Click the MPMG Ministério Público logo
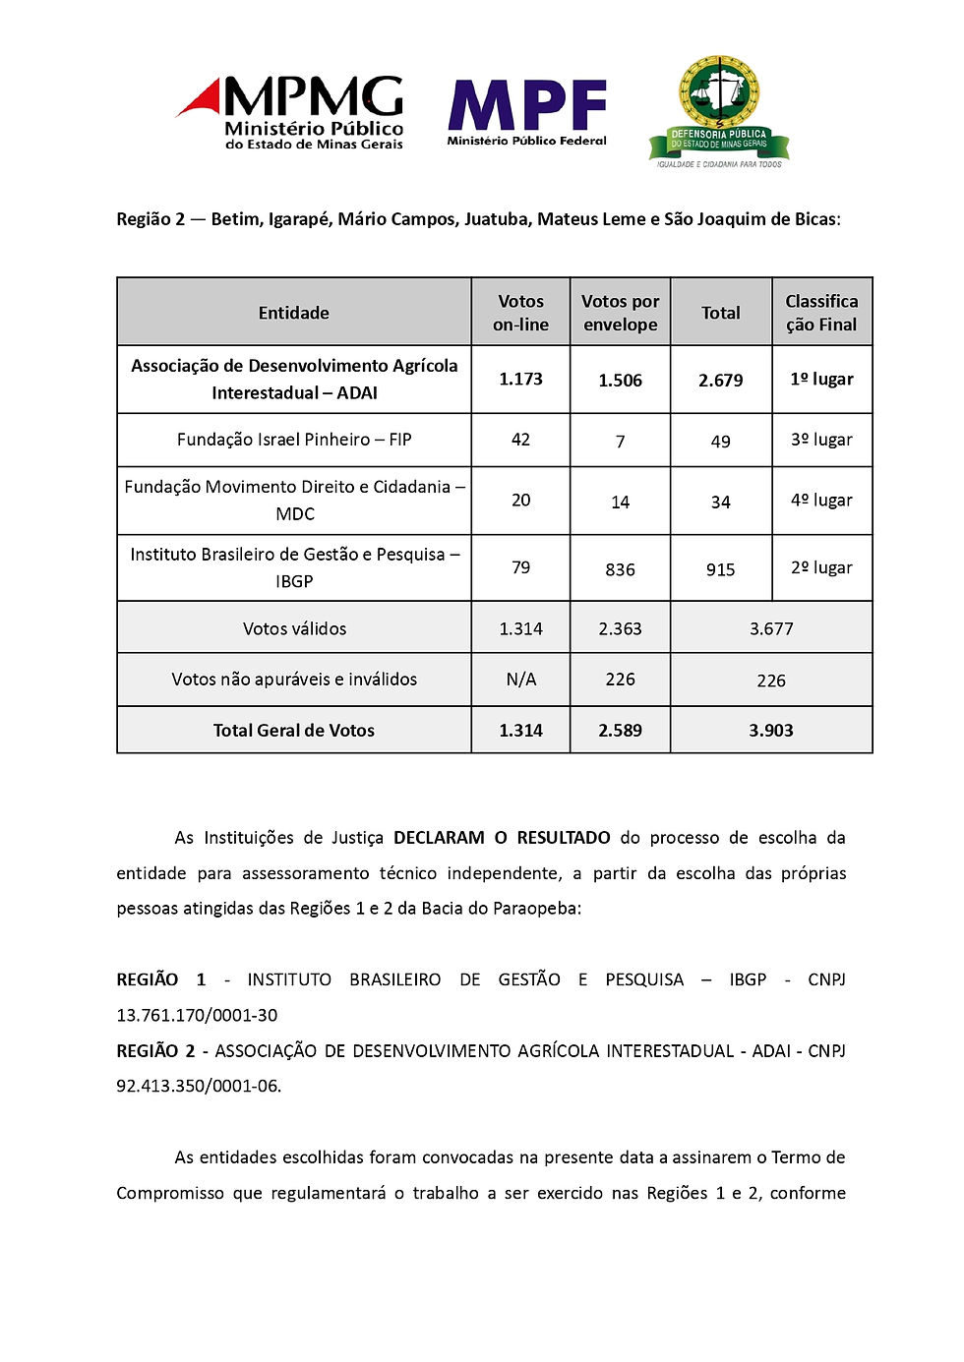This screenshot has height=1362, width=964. click(x=291, y=112)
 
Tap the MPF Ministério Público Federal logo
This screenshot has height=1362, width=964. click(x=527, y=111)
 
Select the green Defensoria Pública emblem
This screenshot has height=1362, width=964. click(x=719, y=111)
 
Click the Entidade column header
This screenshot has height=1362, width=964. click(x=294, y=313)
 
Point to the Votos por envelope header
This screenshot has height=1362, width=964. click(x=620, y=313)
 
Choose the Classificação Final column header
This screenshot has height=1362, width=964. click(x=821, y=313)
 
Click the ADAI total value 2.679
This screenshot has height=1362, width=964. click(x=720, y=381)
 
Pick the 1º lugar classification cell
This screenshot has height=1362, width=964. click(x=821, y=380)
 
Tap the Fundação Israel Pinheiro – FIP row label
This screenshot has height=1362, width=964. click(x=294, y=440)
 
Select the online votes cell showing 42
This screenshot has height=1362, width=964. click(x=520, y=440)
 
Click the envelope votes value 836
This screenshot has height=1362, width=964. click(x=620, y=569)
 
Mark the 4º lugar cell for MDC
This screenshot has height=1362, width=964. click(x=821, y=501)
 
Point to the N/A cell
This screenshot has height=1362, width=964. click(x=520, y=680)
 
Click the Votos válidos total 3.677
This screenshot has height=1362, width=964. click(x=771, y=629)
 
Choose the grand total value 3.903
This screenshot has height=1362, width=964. click(x=771, y=731)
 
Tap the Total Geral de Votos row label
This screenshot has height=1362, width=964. click(x=294, y=731)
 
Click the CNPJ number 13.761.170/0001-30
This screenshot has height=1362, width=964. click(x=197, y=1015)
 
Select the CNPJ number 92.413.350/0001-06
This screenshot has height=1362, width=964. click(x=198, y=1086)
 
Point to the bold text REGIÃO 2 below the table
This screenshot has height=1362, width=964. click(x=155, y=1051)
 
